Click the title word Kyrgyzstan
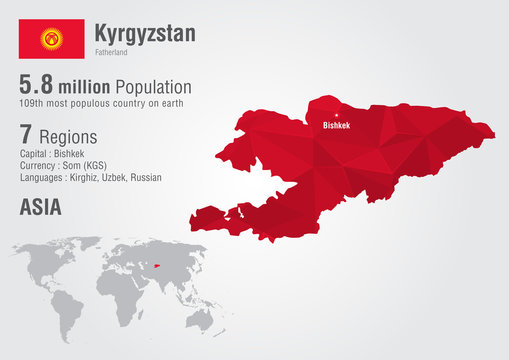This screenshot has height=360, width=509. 145,32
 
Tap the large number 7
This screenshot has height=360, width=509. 27,133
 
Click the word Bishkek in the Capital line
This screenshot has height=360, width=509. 68,154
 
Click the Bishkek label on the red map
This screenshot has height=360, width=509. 335,126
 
